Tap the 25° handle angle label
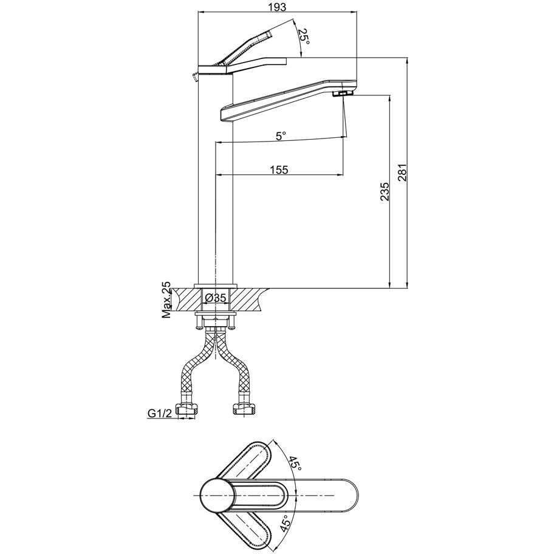pos(304,36)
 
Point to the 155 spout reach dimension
pos(279,169)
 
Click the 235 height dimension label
pos(385,192)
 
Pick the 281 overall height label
pos(403,173)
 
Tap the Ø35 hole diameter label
pos(215,298)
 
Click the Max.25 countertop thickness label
pos(166,300)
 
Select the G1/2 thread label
pos(159,414)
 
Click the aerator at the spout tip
pos(343,94)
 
